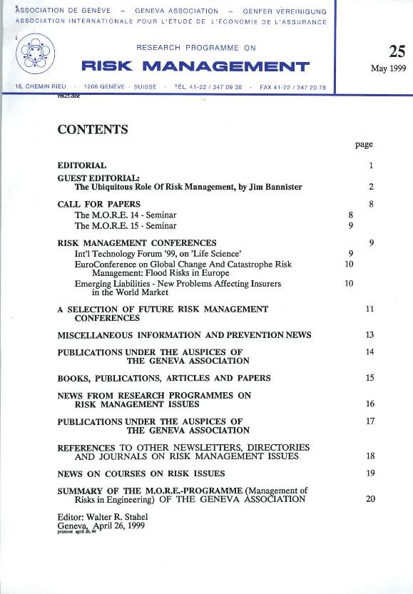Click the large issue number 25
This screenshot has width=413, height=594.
[397, 51]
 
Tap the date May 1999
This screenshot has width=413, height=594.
[388, 69]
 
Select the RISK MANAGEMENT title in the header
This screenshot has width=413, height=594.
[195, 67]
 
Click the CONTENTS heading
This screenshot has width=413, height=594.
[93, 130]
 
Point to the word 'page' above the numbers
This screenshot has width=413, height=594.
[364, 145]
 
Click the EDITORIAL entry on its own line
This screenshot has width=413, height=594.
[82, 165]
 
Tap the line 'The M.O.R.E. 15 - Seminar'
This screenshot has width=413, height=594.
[126, 225]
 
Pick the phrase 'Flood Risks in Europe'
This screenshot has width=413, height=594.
[189, 273]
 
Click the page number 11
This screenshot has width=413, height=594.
[369, 309]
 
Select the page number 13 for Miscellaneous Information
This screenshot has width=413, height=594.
[369, 335]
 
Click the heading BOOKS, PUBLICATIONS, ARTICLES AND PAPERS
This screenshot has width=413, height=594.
[164, 379]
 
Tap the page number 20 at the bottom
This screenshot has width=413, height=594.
[370, 499]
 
